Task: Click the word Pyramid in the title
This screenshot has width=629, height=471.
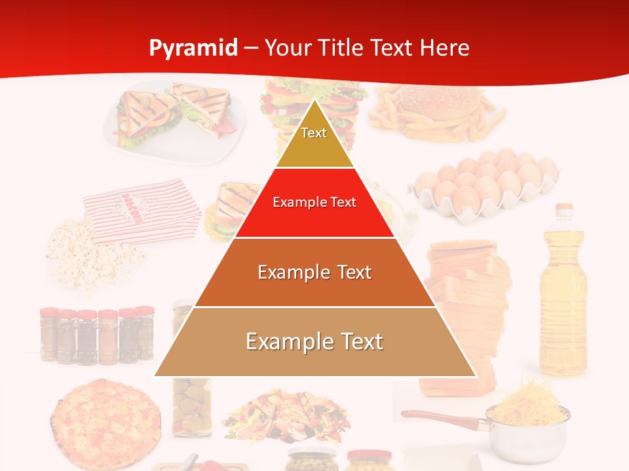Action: [193, 48]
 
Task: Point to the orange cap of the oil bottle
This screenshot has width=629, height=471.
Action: [563, 209]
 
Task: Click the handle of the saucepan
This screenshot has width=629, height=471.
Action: [432, 416]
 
